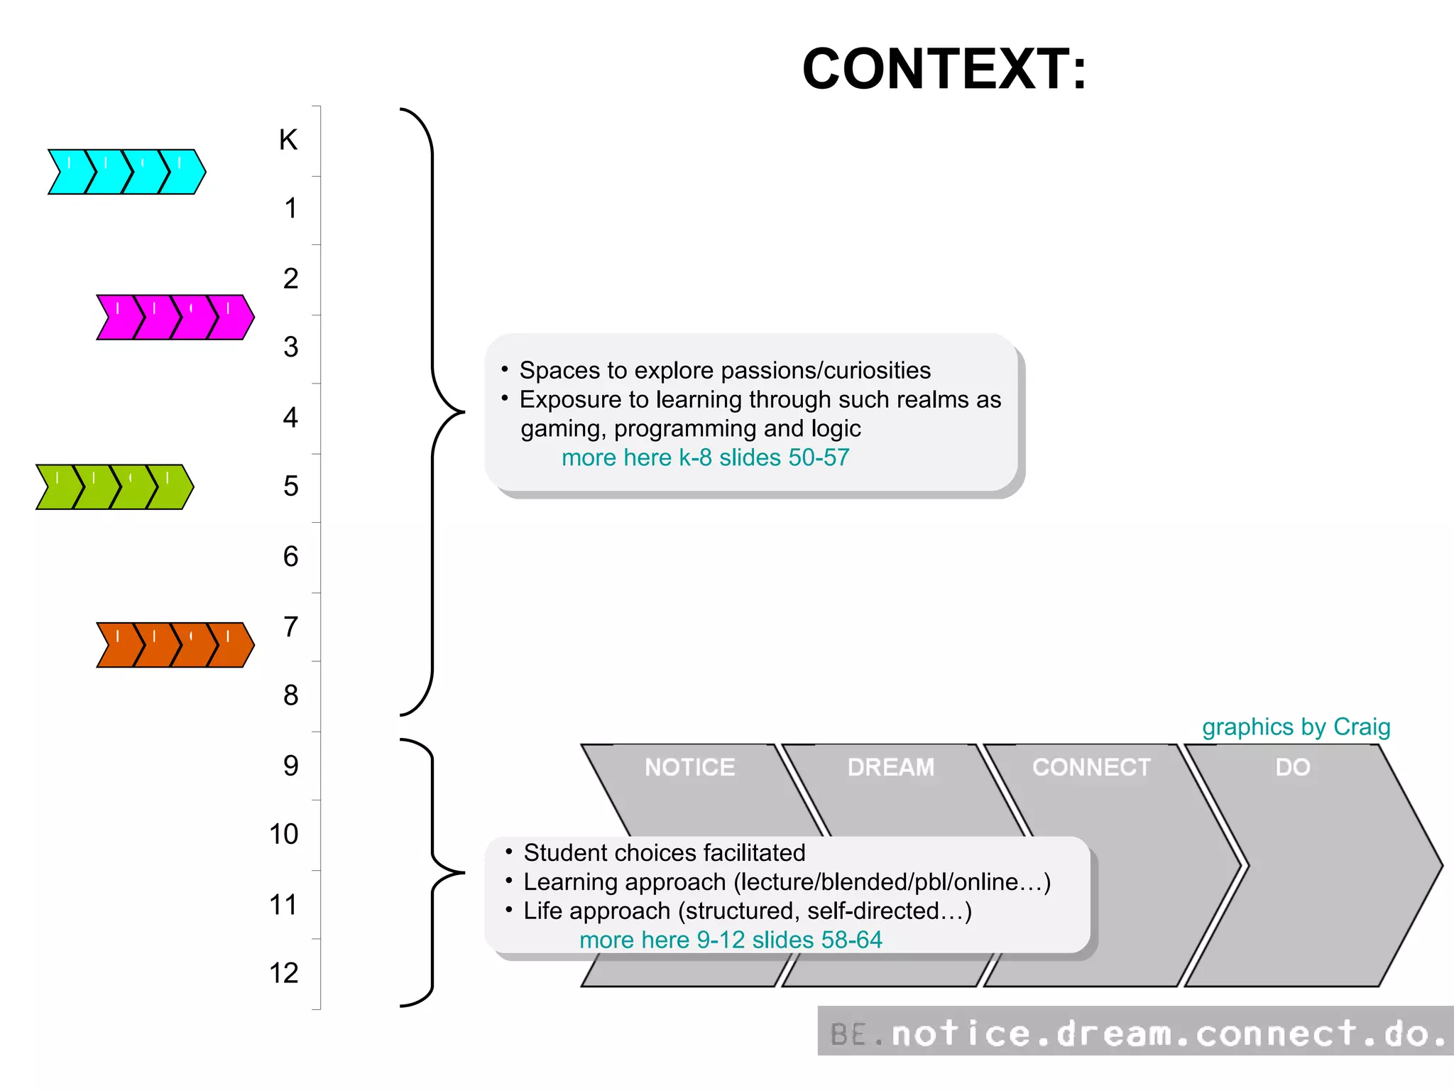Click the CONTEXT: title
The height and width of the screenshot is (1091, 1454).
(944, 69)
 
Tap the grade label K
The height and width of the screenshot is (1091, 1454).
(288, 140)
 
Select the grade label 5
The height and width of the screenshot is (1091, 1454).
(290, 486)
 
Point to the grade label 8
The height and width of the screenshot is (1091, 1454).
(290, 695)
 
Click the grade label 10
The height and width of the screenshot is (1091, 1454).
(283, 834)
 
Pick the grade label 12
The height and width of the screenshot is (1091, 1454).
(283, 973)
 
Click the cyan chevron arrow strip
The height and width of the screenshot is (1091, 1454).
(126, 172)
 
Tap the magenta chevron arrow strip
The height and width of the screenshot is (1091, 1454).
(175, 317)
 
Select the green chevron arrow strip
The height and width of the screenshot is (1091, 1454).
(114, 487)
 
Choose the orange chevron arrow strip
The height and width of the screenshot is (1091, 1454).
(175, 645)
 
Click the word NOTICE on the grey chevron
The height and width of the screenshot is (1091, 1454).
(689, 767)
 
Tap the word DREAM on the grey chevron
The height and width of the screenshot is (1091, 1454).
(890, 767)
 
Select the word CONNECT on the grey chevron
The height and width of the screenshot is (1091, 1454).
(1091, 767)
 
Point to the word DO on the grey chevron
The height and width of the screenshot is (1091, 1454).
(1292, 767)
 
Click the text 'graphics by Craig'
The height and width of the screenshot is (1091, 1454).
(1296, 727)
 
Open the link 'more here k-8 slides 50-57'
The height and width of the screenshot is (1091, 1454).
(705, 457)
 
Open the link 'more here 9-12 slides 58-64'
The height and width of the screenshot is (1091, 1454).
(731, 940)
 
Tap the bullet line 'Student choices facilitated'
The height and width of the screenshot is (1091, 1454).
(664, 852)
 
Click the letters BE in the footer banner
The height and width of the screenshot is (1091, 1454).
(848, 1034)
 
